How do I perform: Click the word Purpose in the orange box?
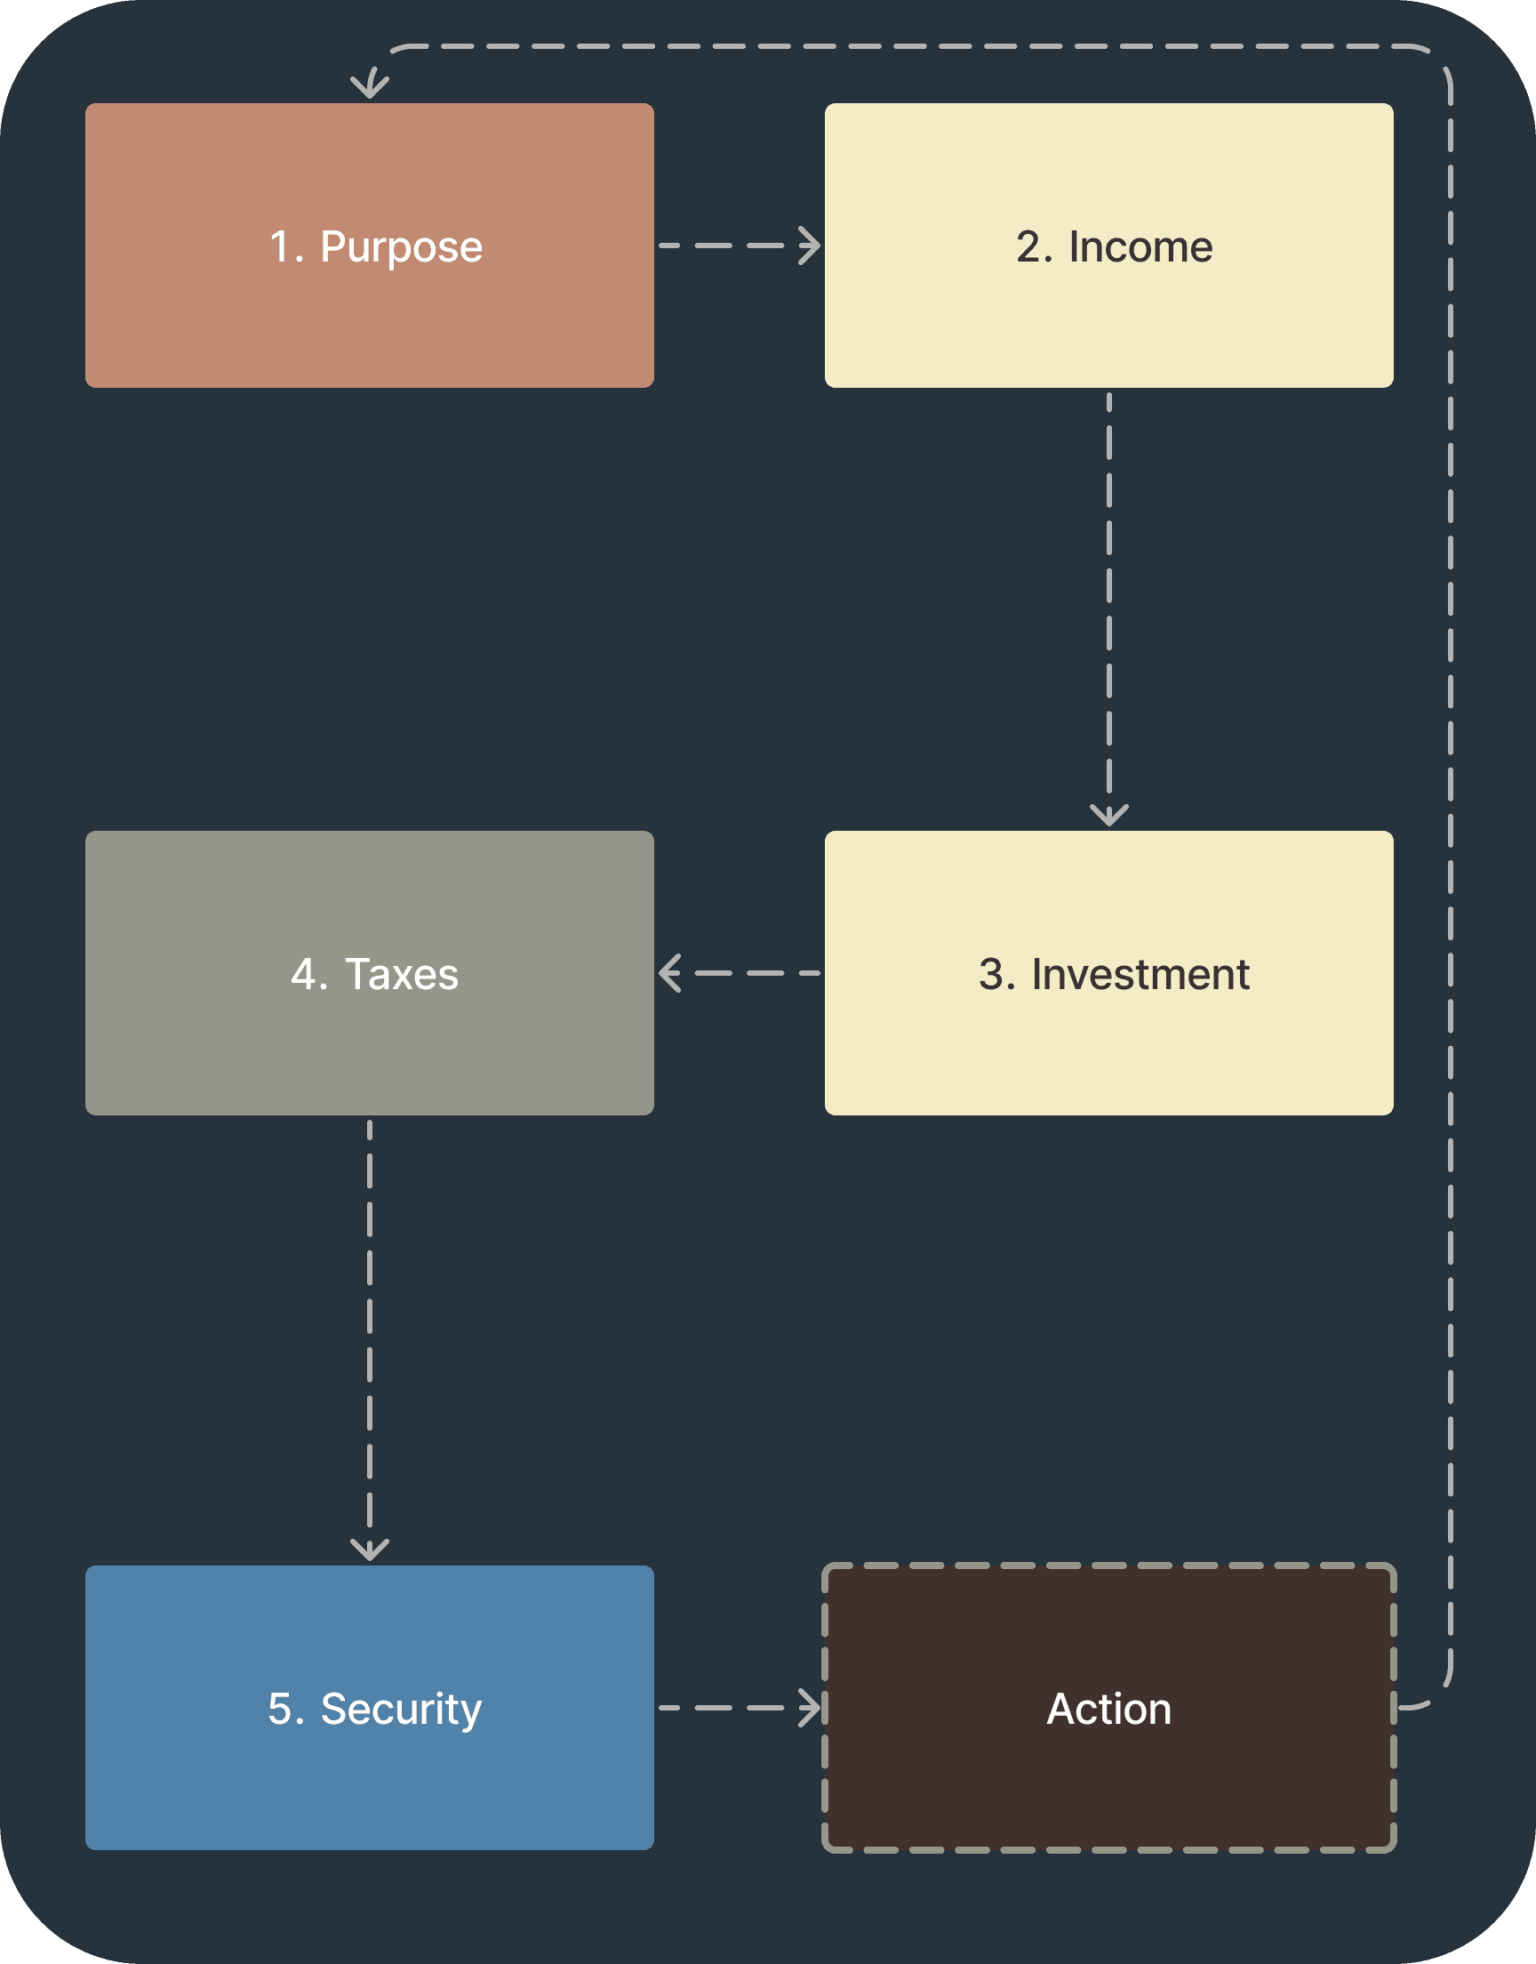(x=401, y=247)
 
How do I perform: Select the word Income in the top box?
(x=1140, y=247)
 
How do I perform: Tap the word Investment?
(x=1140, y=974)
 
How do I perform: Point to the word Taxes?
(x=401, y=974)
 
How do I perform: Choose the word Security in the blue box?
(x=401, y=1710)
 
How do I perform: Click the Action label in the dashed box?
(x=1108, y=1710)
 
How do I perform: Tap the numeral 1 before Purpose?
(x=280, y=247)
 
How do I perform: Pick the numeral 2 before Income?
(x=1028, y=247)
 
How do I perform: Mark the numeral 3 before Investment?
(x=991, y=974)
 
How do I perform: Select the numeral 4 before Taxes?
(x=302, y=974)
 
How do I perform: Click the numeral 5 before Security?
(x=280, y=1710)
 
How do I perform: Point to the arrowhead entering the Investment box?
(x=1108, y=816)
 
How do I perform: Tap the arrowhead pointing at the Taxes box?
(x=669, y=973)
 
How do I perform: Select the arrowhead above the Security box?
(x=370, y=1550)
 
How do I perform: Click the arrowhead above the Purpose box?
(x=370, y=87)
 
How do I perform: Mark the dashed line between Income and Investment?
(x=1108, y=594)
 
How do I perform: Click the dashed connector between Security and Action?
(x=728, y=1708)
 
